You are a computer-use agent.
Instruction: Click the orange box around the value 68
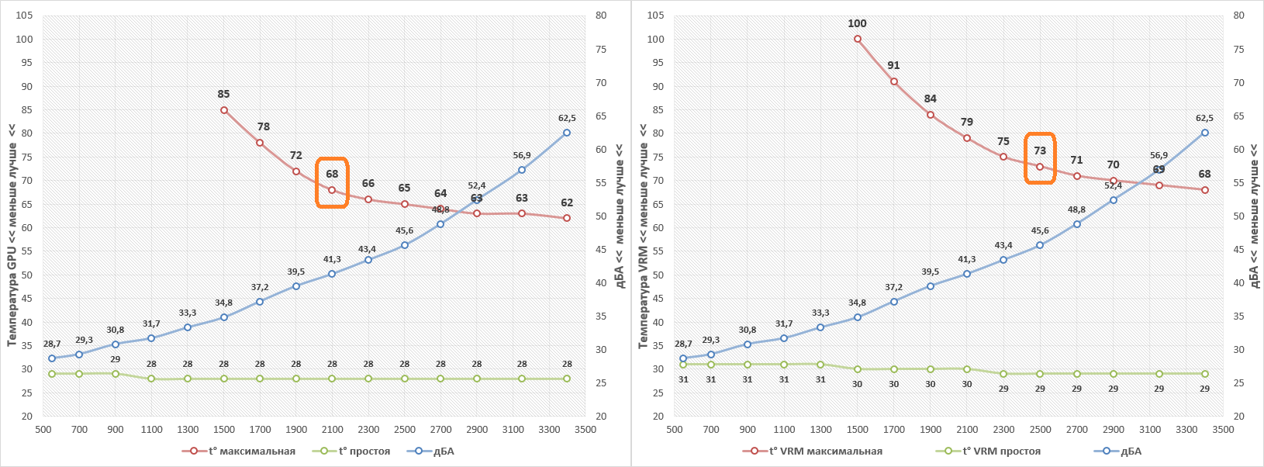tap(332, 182)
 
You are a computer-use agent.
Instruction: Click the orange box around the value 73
tap(1040, 158)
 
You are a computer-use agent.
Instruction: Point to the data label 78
tap(264, 126)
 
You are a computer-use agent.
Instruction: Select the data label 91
tap(893, 65)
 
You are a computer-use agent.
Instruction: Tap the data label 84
tap(930, 99)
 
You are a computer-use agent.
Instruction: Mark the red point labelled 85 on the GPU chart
tap(224, 110)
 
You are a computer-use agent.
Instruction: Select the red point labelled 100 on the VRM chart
tap(858, 39)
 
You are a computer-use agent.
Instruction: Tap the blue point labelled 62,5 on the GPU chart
tap(567, 133)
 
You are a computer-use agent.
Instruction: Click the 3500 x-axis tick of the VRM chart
tap(1223, 429)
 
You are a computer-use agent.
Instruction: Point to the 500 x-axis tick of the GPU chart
tap(43, 429)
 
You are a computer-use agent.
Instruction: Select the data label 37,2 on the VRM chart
tap(893, 287)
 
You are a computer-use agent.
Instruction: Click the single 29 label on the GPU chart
tap(115, 359)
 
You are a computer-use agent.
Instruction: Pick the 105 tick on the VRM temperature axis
tap(656, 16)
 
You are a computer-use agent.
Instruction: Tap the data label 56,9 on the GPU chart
tap(522, 155)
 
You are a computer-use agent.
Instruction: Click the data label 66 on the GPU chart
tap(368, 183)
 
